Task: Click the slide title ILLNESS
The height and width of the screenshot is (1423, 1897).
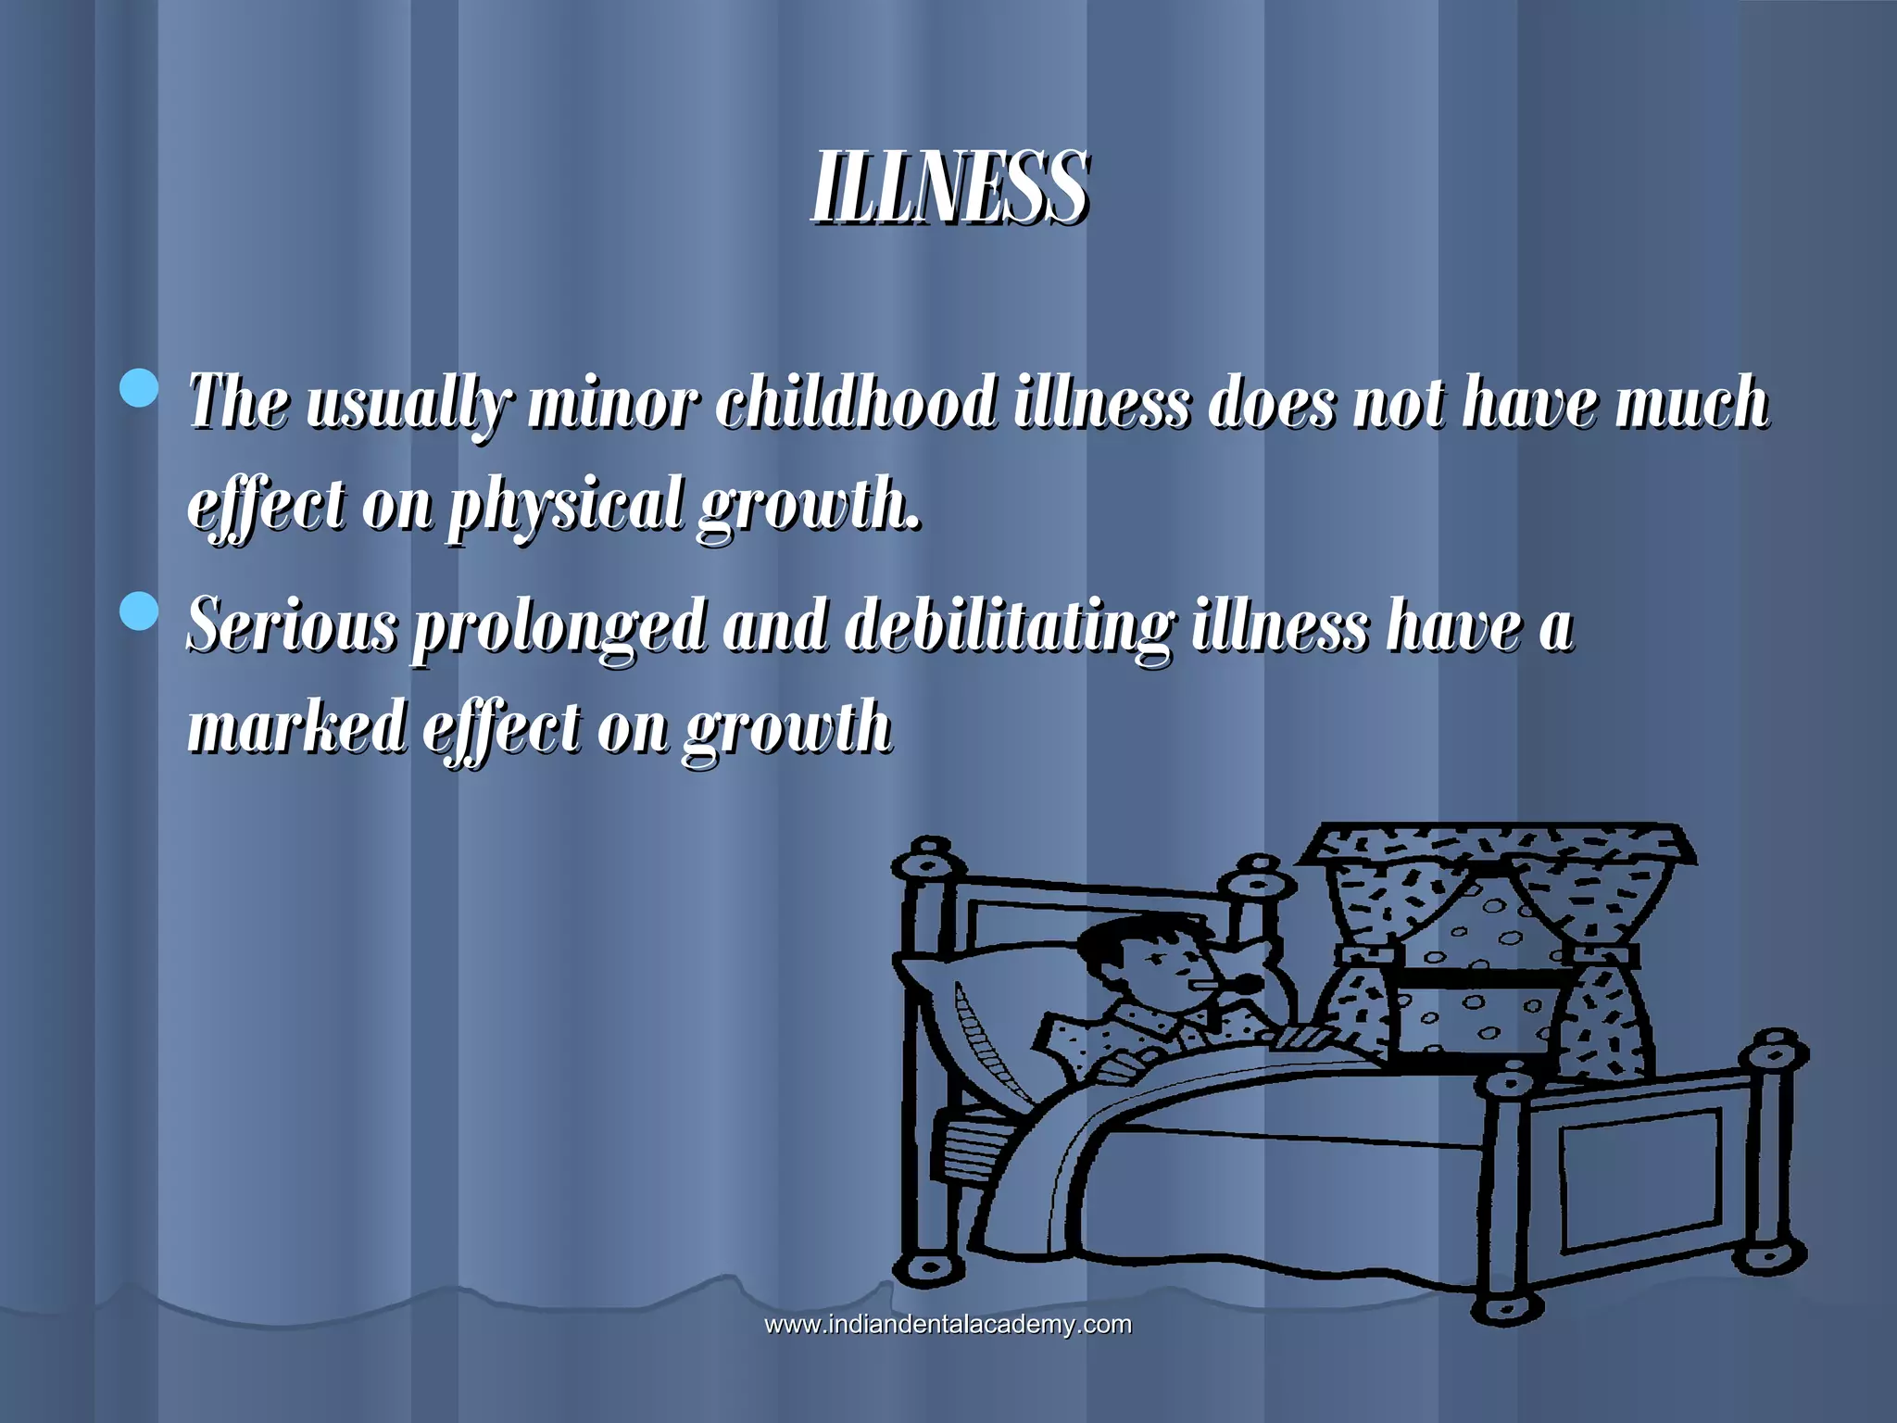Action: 950,187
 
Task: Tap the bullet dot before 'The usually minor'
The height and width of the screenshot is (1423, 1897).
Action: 140,388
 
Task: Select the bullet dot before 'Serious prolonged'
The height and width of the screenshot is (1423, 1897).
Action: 140,611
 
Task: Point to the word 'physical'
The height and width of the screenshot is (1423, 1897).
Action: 565,505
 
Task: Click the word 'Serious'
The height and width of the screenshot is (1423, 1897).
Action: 292,625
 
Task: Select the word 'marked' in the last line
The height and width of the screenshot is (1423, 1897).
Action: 296,726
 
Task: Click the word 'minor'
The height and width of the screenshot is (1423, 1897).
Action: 612,405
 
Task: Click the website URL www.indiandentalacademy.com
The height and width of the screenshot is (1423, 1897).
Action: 948,1325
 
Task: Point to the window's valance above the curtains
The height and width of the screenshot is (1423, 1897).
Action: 1496,843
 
